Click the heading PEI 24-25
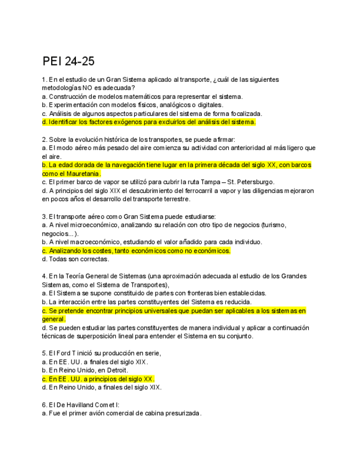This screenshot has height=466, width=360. [x=68, y=61]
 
